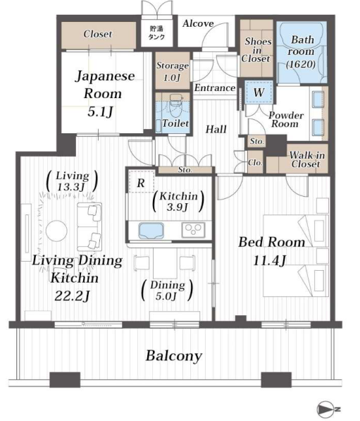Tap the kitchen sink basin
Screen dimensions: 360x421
pyautogui.click(x=151, y=231)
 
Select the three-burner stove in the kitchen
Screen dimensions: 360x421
pyautogui.click(x=193, y=230)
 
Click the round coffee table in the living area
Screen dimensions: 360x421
pyautogui.click(x=56, y=231)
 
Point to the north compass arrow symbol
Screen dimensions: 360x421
pyautogui.click(x=328, y=410)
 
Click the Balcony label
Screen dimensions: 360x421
pyautogui.click(x=174, y=356)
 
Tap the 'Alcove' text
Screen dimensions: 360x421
pyautogui.click(x=198, y=24)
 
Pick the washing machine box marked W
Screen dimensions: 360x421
pyautogui.click(x=259, y=92)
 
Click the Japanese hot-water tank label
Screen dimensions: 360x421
pyautogui.click(x=156, y=32)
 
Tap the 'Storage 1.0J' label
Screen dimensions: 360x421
pyautogui.click(x=173, y=71)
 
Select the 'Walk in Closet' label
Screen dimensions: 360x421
pyautogui.click(x=306, y=159)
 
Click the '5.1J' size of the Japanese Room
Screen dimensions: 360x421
pyautogui.click(x=100, y=111)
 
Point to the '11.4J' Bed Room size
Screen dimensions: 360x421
pyautogui.click(x=270, y=260)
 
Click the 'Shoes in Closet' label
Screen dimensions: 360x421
pyautogui.click(x=257, y=49)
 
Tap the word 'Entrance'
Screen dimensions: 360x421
pyautogui.click(x=215, y=88)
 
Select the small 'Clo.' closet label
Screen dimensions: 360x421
pyautogui.click(x=255, y=162)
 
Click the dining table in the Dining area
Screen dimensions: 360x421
pyautogui.click(x=165, y=263)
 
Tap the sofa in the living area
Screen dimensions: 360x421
pyautogui.click(x=89, y=226)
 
